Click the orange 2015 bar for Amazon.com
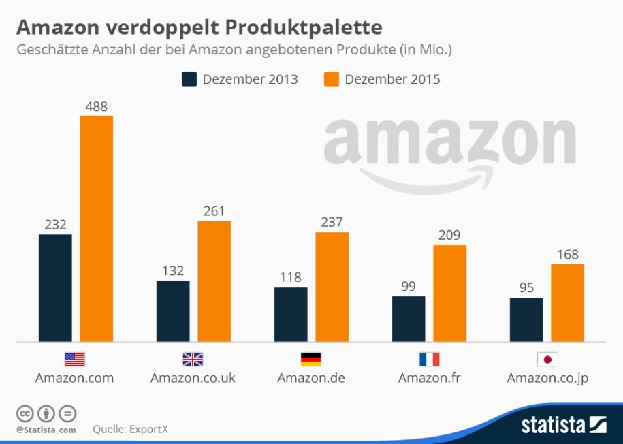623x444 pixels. (x=97, y=228)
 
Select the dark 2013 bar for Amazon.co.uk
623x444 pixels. (x=173, y=311)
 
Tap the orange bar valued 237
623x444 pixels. (x=332, y=286)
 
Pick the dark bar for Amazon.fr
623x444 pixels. (x=409, y=318)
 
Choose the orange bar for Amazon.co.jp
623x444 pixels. (x=567, y=302)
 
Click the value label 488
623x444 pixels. (x=97, y=106)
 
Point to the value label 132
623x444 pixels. (x=173, y=270)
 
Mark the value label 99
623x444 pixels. (x=409, y=286)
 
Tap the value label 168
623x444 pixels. (x=567, y=255)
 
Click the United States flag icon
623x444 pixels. (x=74, y=359)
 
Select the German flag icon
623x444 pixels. (x=310, y=359)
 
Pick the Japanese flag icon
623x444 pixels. (x=547, y=359)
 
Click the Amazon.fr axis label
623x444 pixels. (x=429, y=378)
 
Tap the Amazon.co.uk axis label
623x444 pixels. (x=193, y=378)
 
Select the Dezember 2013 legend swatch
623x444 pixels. (x=189, y=79)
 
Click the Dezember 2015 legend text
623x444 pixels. (x=392, y=79)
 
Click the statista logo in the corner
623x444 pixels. (x=563, y=425)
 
